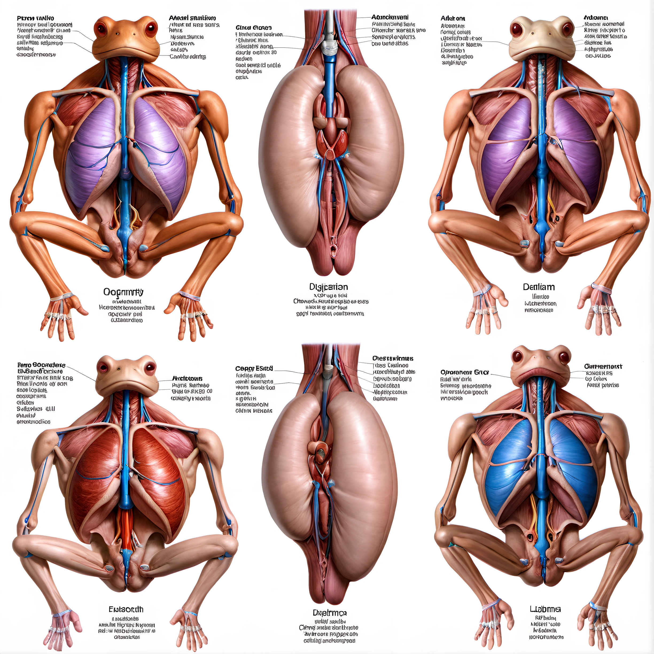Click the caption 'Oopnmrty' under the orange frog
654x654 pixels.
click(x=123, y=292)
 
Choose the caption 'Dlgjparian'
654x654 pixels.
click(x=328, y=287)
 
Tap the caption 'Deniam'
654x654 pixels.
click(x=539, y=287)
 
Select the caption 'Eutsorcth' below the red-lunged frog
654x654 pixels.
click(x=126, y=609)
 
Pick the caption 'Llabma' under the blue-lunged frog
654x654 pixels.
click(x=545, y=609)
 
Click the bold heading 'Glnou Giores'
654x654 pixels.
click(x=254, y=28)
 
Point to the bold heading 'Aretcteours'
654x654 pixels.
click(x=187, y=379)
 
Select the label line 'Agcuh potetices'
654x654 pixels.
click(x=602, y=385)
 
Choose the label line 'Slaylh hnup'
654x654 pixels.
click(x=454, y=63)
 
